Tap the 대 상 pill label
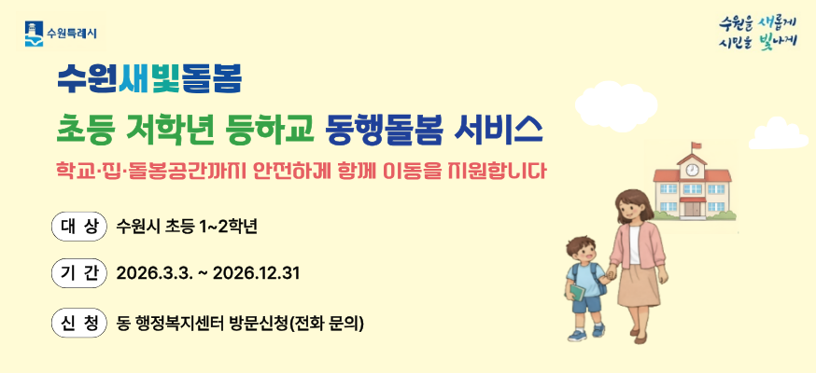pyautogui.click(x=78, y=226)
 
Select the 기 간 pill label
pyautogui.click(x=78, y=273)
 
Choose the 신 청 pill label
pyautogui.click(x=78, y=323)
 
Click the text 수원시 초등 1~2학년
pyautogui.click(x=187, y=227)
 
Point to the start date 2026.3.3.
pyautogui.click(x=154, y=274)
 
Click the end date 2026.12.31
pyautogui.click(x=256, y=274)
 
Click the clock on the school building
pyautogui.click(x=692, y=171)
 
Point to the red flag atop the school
pyautogui.click(x=696, y=145)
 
